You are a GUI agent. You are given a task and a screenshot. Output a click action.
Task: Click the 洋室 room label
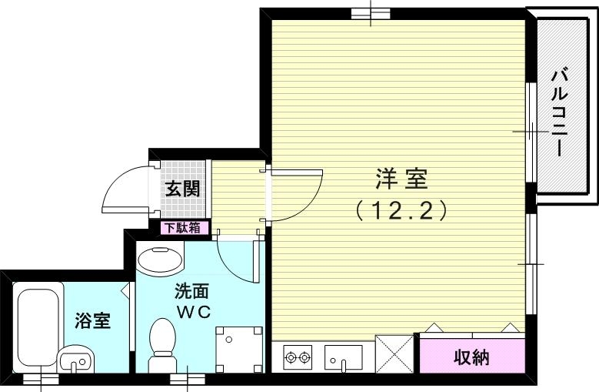pos(401,180)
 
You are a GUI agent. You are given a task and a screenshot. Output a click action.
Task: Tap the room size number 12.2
pos(401,210)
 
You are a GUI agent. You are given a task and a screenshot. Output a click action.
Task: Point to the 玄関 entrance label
pos(185,186)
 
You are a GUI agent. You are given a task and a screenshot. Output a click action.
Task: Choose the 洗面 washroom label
pos(192,292)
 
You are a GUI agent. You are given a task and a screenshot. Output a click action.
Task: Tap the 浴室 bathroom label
pos(92,320)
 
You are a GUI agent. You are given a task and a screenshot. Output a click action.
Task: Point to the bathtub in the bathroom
pos(38,320)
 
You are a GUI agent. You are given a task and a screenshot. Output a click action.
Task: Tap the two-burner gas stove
pos(298,357)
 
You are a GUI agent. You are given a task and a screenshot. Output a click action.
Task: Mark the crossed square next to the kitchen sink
pos(396,355)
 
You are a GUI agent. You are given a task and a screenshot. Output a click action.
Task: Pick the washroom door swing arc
pos(235,258)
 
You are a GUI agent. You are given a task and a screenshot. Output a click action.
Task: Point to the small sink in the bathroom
pos(75,357)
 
